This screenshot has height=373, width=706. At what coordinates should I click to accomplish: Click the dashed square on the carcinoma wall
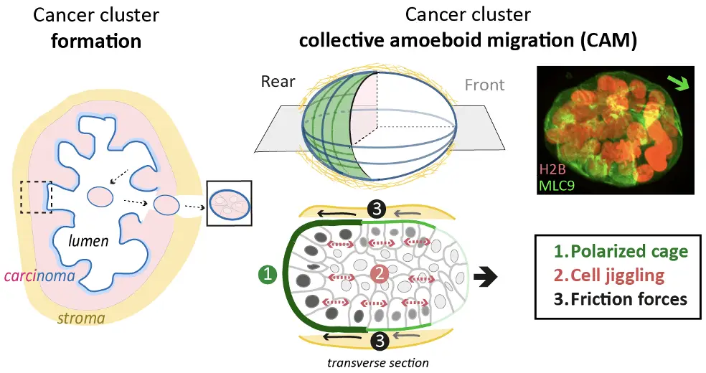[x=35, y=197]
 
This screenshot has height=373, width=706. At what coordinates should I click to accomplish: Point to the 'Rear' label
[x=278, y=81]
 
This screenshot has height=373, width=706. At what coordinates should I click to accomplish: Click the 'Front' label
[x=484, y=85]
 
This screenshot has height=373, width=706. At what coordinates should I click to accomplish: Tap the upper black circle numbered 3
[x=378, y=207]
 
